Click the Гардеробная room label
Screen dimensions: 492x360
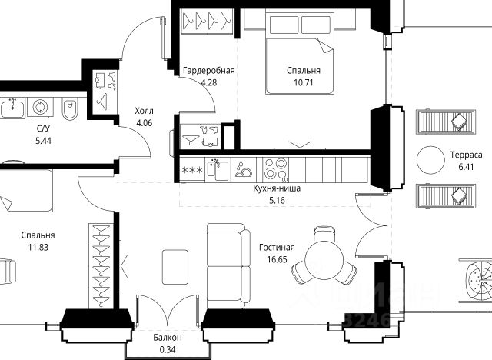point(209,70)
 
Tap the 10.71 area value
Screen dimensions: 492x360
point(304,82)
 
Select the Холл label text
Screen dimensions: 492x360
point(144,111)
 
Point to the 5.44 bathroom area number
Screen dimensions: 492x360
point(43,141)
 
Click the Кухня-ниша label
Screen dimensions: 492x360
point(277,188)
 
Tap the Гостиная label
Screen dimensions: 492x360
point(277,248)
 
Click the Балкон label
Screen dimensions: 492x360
point(168,338)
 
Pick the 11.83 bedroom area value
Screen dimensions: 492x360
point(38,248)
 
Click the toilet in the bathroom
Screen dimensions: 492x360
point(69,108)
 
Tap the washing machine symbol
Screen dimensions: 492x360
point(40,107)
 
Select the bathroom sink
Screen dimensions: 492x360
point(12,108)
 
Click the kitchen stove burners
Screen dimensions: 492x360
point(275,169)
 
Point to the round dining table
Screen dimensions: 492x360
point(324,260)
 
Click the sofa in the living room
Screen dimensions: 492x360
point(229,266)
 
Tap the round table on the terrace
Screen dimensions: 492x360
point(430,160)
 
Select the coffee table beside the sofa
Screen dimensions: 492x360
point(175,267)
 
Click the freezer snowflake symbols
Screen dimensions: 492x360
point(192,171)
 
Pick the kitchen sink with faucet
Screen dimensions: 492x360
point(218,169)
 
